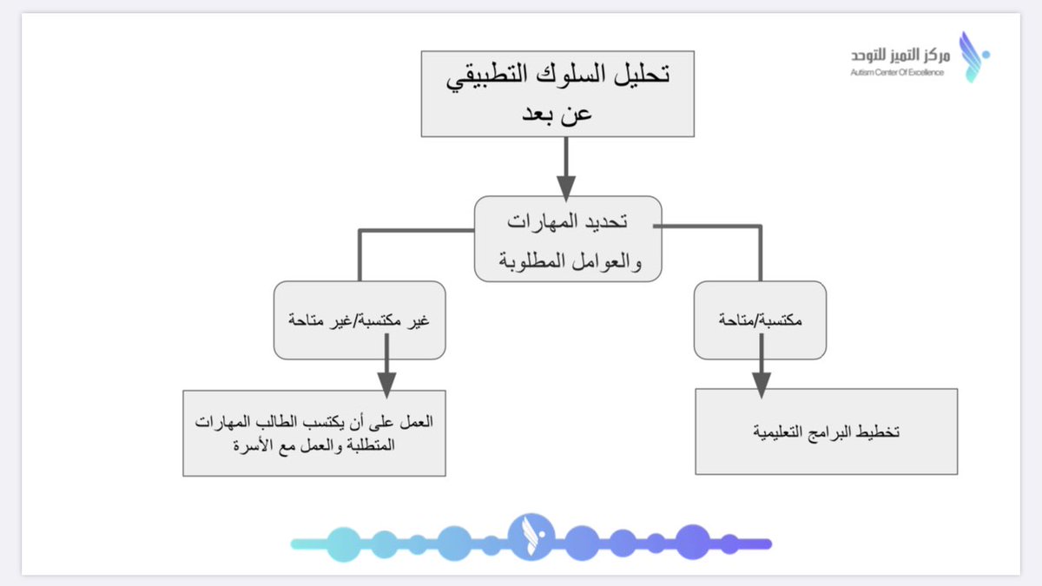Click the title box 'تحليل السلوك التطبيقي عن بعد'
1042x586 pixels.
coord(557,94)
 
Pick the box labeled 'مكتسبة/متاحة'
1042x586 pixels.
coord(760,320)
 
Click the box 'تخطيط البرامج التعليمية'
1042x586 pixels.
coord(826,431)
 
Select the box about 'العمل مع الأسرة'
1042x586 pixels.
coord(313,433)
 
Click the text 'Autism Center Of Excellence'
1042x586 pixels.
coord(897,71)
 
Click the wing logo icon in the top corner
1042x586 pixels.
coord(972,56)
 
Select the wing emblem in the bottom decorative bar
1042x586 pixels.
coord(527,538)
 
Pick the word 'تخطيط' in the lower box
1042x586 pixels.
coord(878,431)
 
